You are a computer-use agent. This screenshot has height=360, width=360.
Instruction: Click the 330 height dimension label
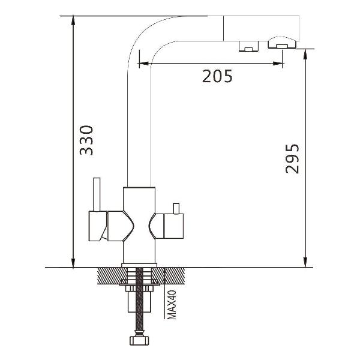pos(86,140)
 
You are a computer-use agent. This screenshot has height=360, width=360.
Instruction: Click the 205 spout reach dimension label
pos(217,76)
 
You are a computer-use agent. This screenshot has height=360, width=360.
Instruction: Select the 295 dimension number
pos(292,158)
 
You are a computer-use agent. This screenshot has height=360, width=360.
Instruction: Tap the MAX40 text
pos(172,305)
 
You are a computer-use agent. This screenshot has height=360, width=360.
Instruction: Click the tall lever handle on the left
pos(97,194)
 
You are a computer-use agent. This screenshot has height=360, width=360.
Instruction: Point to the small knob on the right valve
pos(176,208)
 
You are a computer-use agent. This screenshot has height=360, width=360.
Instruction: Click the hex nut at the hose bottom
pos(139,340)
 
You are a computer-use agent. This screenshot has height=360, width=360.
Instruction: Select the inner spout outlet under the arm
pos(248,46)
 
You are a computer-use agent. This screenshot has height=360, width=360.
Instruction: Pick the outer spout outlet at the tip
pos(282,43)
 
